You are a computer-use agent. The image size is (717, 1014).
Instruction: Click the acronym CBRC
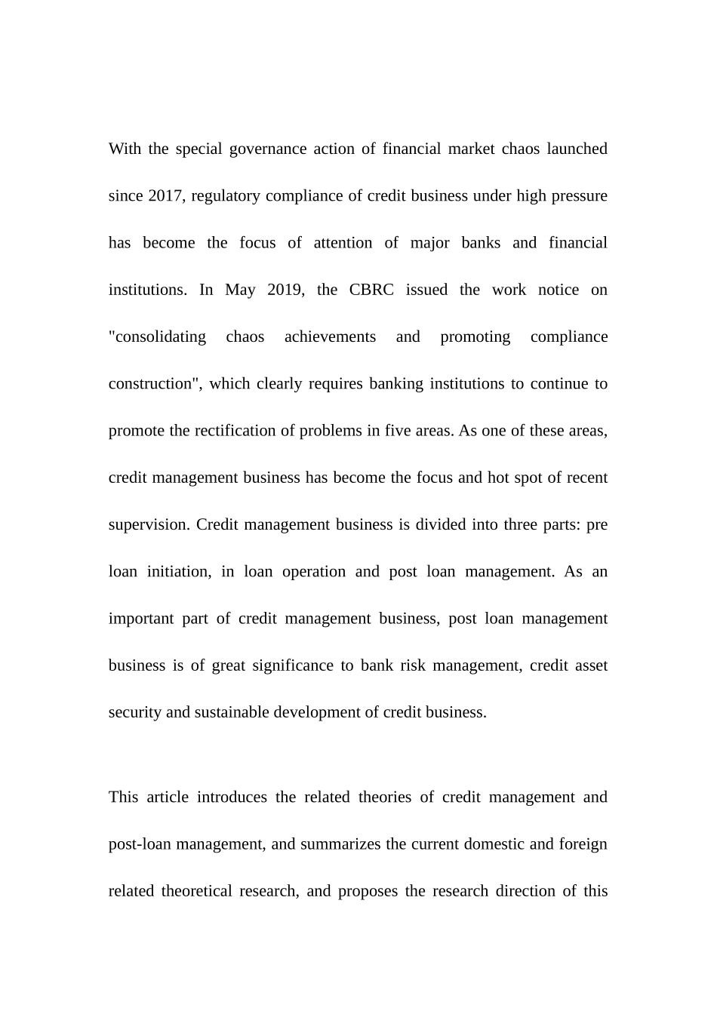371,290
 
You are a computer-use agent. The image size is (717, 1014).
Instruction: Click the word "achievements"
330,337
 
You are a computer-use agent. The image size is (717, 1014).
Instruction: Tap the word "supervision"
148,525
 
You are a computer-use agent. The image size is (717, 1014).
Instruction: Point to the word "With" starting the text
125,149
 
